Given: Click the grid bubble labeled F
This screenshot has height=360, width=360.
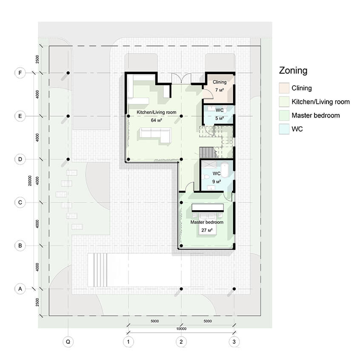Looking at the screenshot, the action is [x=20, y=73].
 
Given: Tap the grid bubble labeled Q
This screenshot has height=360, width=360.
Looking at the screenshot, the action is [x=68, y=342].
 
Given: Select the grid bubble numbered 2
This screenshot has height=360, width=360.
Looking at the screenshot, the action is [x=181, y=342].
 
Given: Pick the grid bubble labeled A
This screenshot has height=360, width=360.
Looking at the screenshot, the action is [x=20, y=289].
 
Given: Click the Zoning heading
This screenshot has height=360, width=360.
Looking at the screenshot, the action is [x=293, y=70].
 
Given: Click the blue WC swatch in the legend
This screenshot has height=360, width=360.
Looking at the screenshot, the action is [x=284, y=129].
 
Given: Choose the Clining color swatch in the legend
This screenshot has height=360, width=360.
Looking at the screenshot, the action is [x=284, y=88].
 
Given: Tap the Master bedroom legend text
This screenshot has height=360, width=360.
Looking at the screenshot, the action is [x=316, y=115].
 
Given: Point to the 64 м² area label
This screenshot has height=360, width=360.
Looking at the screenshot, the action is [x=156, y=120].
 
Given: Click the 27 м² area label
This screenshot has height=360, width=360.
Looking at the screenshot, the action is [x=207, y=230].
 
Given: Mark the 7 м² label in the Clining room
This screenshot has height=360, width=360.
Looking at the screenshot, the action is [x=220, y=90].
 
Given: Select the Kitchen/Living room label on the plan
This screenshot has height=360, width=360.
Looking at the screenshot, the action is [x=156, y=112].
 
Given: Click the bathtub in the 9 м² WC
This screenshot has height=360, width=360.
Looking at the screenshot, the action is [x=225, y=170].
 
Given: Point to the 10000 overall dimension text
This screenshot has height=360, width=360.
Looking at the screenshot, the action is [x=181, y=329].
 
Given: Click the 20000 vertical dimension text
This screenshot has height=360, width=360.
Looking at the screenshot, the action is [x=30, y=181].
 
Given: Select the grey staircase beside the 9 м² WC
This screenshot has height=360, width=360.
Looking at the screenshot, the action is [x=208, y=152].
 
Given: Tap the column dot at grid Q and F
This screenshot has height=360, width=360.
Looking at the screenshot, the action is [x=68, y=73].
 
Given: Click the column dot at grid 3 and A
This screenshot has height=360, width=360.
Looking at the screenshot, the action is [x=234, y=289].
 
